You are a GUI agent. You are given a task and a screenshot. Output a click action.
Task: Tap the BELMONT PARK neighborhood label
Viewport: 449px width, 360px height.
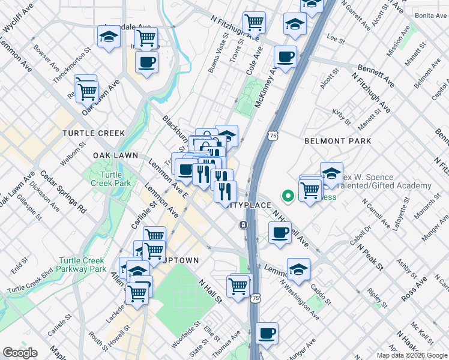(x=337, y=141)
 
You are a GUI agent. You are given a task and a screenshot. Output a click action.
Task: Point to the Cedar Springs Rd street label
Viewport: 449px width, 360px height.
(x=62, y=191)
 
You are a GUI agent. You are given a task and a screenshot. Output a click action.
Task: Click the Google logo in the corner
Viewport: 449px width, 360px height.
(x=20, y=353)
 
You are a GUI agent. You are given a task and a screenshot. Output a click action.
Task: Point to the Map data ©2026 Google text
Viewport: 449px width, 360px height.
(x=411, y=355)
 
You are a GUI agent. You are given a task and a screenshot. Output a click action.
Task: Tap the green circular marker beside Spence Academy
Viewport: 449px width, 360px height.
(x=288, y=196)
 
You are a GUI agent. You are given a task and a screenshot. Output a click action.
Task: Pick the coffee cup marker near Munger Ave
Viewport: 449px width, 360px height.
(x=267, y=332)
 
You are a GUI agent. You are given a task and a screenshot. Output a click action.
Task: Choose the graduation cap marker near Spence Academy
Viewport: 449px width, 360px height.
(x=331, y=173)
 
